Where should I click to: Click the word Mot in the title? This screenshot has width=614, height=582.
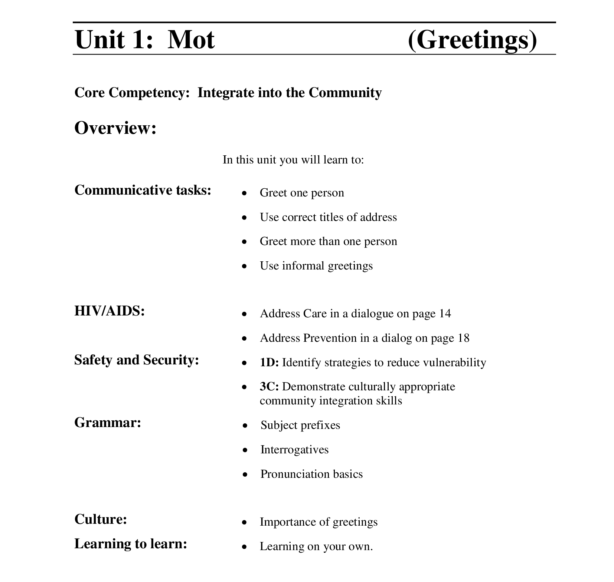[191, 39]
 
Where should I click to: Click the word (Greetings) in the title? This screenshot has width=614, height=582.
[472, 39]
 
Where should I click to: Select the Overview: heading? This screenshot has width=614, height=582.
[115, 128]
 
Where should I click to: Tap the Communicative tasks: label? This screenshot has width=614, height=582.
[143, 190]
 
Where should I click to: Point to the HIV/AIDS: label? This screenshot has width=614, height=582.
[110, 311]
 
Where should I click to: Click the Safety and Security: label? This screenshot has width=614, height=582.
[137, 360]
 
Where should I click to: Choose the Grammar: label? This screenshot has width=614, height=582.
[108, 422]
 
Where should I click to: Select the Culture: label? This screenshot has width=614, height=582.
[101, 519]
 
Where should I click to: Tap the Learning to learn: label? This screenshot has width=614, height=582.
[131, 543]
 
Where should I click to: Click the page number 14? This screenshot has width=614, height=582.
[445, 314]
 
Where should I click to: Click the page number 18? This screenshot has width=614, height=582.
[463, 338]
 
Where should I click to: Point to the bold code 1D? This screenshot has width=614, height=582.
[269, 363]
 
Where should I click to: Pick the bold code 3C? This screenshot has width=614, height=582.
[269, 387]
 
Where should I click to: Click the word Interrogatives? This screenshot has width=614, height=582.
[294, 450]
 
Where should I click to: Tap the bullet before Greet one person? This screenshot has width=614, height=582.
[244, 193]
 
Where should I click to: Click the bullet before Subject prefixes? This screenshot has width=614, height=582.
[245, 426]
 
